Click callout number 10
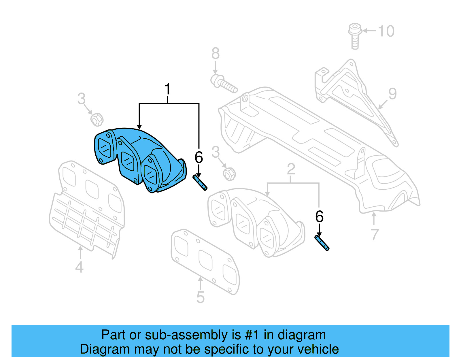[x=386, y=31]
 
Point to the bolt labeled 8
[x=223, y=83]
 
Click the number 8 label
[x=216, y=54]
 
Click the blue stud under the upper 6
[x=200, y=183]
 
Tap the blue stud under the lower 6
[x=322, y=243]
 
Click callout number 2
[x=291, y=169]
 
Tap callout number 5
[x=200, y=297]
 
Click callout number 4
[x=79, y=267]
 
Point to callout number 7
[x=374, y=235]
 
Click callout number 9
[x=392, y=94]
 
